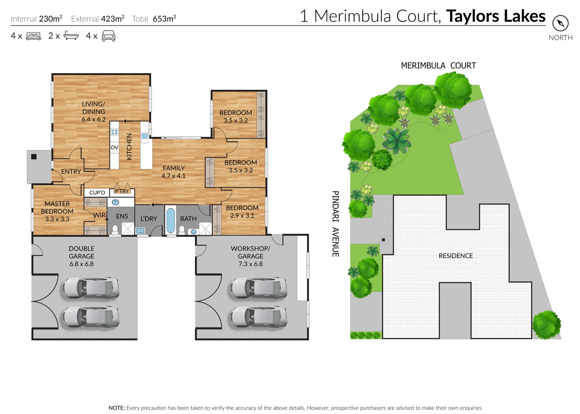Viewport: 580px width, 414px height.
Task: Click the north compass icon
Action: (560, 24)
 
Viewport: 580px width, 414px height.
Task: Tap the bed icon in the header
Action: (33, 36)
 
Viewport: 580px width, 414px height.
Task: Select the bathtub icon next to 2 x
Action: (71, 36)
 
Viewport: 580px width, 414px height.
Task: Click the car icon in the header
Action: (109, 36)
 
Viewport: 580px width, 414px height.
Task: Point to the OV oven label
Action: (114, 147)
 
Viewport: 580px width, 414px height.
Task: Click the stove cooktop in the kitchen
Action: (114, 132)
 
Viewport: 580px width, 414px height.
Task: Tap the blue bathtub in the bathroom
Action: (171, 220)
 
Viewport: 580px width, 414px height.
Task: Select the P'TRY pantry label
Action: (122, 191)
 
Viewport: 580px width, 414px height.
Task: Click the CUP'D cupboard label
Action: (97, 193)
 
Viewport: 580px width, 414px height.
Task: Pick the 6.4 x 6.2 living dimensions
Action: (94, 120)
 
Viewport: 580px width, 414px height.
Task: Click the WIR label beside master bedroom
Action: (99, 215)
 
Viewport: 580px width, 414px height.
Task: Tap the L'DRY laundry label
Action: (149, 219)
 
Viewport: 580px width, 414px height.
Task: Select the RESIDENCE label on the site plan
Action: (455, 256)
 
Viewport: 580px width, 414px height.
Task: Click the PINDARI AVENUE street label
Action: (336, 224)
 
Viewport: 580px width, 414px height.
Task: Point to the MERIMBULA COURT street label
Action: (438, 66)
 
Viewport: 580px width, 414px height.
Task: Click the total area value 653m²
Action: (164, 19)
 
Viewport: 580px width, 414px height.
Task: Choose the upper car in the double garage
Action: (91, 288)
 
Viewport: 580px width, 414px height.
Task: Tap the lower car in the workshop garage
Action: (259, 317)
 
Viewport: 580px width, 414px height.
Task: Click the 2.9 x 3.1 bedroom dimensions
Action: (242, 216)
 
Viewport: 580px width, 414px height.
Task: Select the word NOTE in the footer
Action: (116, 408)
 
